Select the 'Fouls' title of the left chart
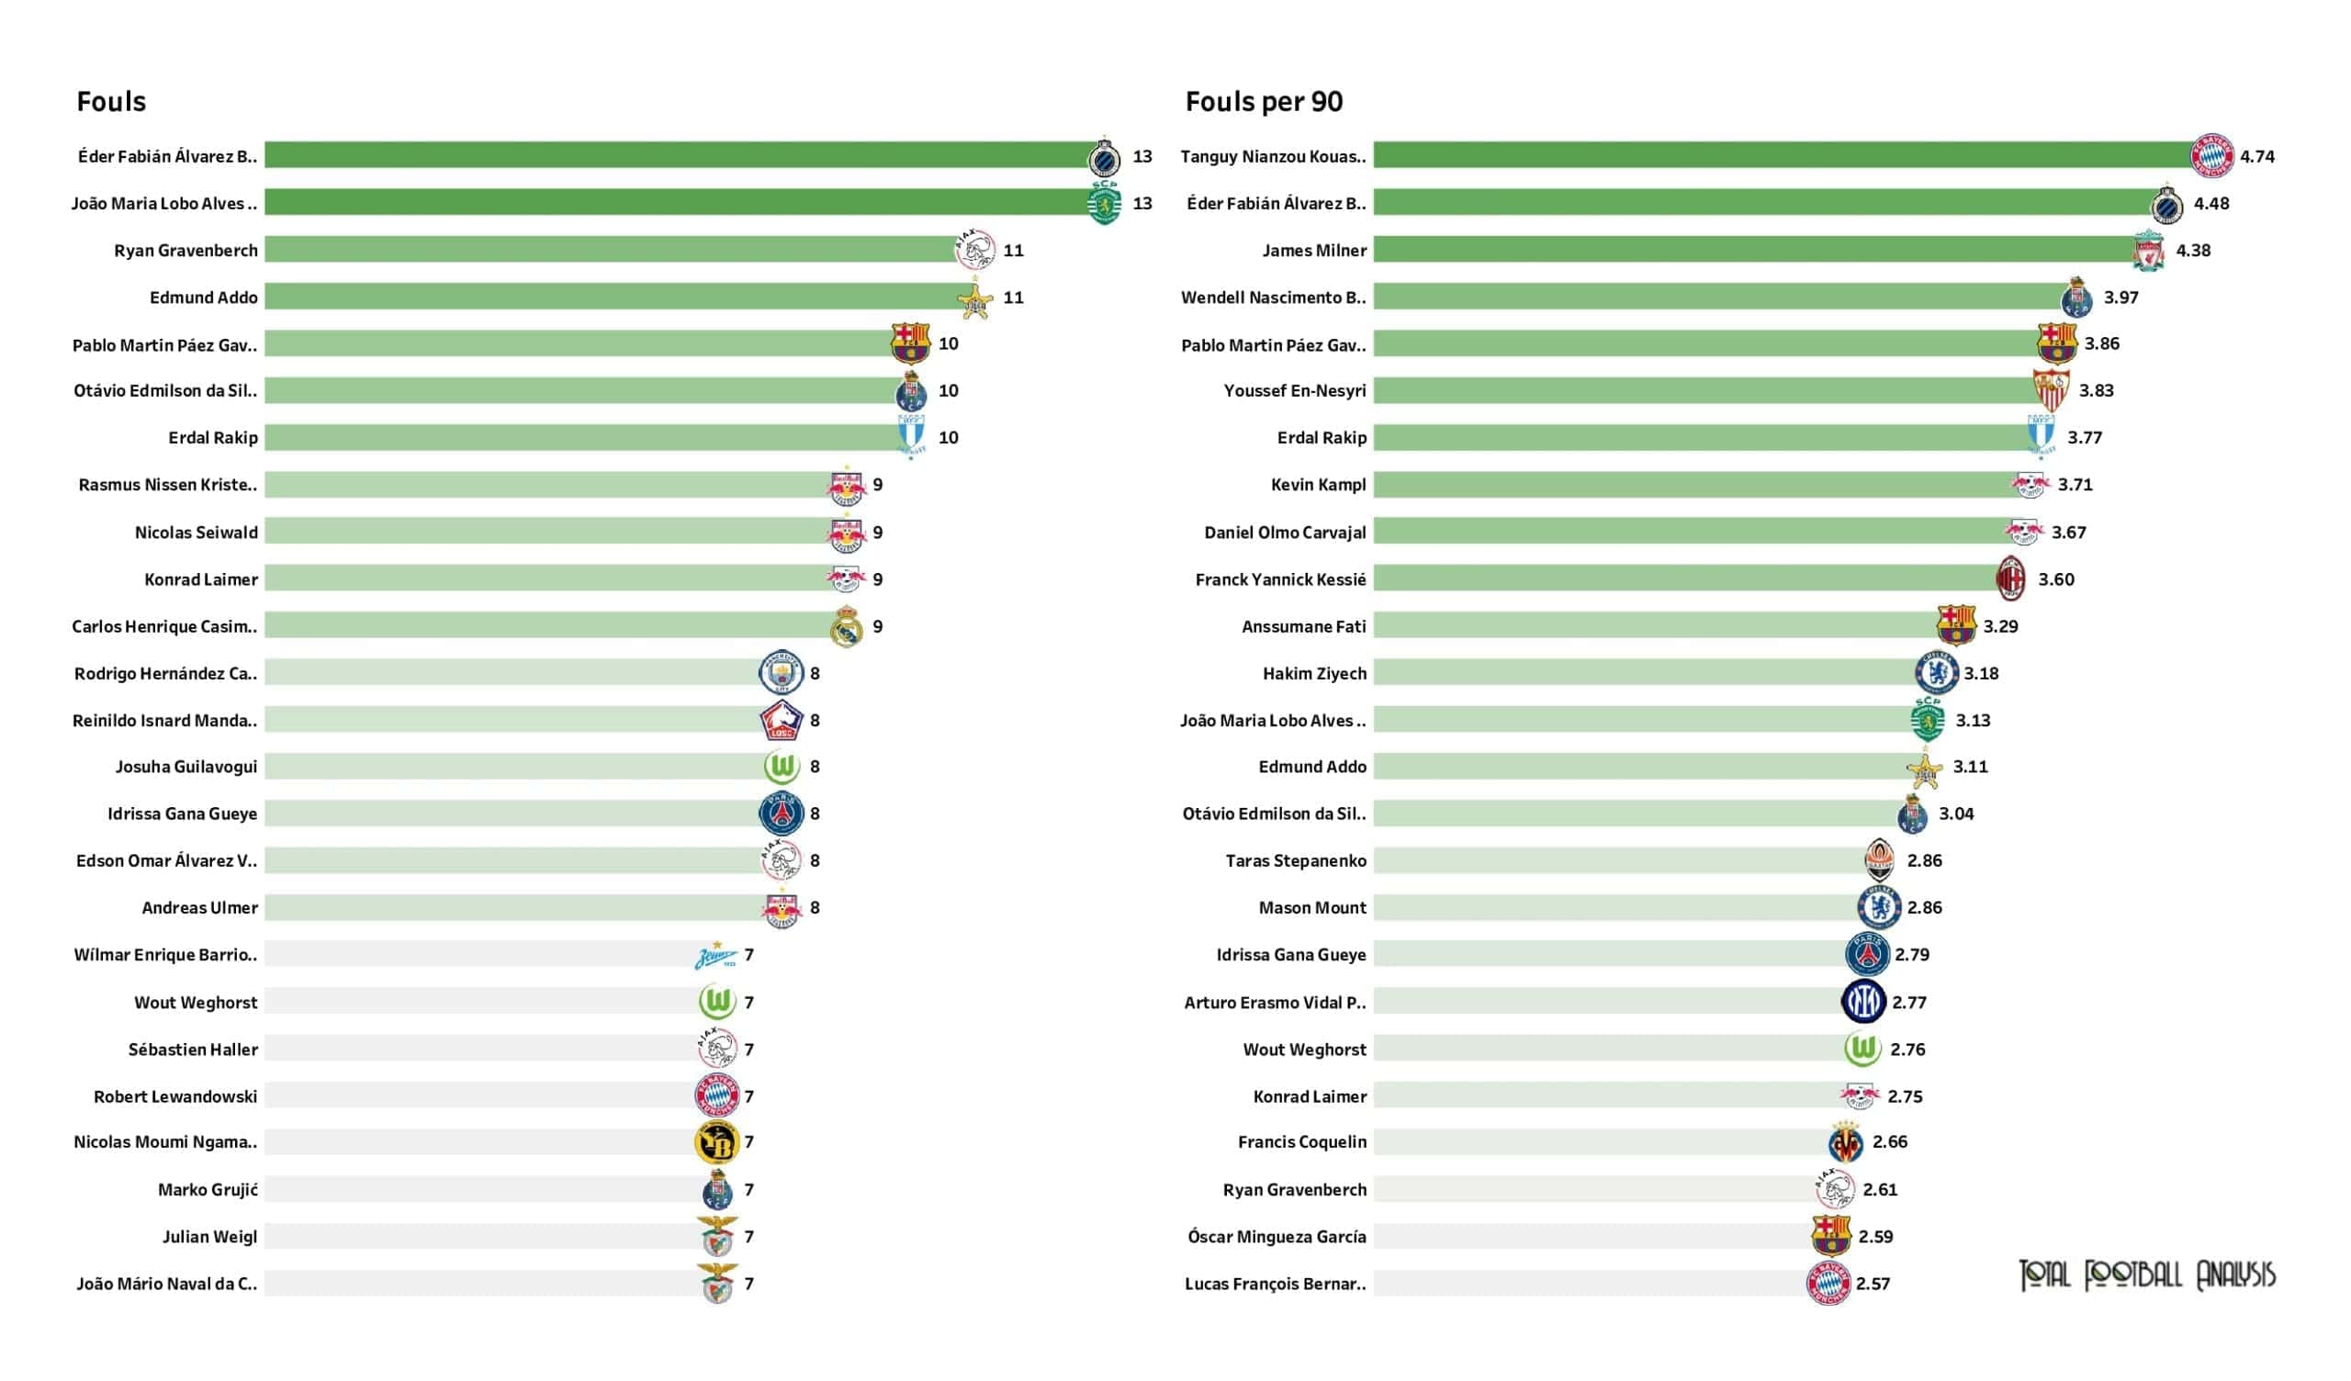point(111,102)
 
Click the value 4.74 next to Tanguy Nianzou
point(2256,157)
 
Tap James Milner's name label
point(1313,250)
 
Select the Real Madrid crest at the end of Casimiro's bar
point(846,627)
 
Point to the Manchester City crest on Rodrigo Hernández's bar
point(781,673)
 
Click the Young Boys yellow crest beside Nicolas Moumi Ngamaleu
point(716,1143)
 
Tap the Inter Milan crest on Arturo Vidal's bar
point(1864,1002)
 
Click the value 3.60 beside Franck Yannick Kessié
point(2055,579)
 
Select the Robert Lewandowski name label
point(175,1096)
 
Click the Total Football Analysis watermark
point(2147,1275)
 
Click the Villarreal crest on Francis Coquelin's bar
point(1845,1143)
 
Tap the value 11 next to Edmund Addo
point(1013,298)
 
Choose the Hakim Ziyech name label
point(1313,674)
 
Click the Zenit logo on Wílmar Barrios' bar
point(715,956)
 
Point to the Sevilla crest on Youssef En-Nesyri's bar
point(2051,391)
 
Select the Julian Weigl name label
point(209,1236)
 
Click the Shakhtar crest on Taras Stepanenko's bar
point(1879,861)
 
